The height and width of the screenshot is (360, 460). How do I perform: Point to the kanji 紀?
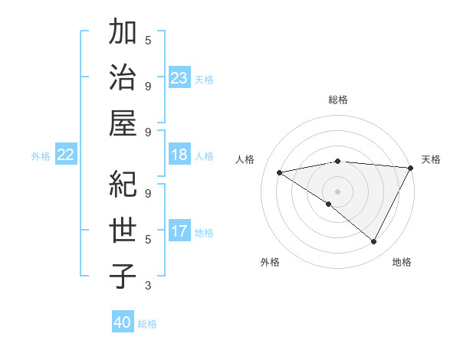[x=123, y=185]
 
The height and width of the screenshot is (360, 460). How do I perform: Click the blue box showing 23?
[x=179, y=77]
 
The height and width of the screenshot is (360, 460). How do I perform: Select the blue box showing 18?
[x=179, y=155]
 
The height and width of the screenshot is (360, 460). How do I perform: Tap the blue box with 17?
[x=179, y=231]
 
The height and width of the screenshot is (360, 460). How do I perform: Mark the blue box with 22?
[x=65, y=155]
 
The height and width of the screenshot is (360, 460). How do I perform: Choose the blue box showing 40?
[x=123, y=322]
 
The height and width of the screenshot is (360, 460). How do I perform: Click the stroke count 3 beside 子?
[x=148, y=286]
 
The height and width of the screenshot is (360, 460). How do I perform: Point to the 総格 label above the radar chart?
[x=338, y=100]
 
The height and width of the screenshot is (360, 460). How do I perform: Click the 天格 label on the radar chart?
[x=431, y=159]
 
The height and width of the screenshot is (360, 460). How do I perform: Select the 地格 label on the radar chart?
[x=402, y=262]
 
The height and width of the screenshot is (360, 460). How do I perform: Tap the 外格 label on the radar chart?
[x=270, y=262]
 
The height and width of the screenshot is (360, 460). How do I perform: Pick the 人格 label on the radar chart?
[x=245, y=159]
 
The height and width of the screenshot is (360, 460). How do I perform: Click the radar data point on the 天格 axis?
[x=412, y=168]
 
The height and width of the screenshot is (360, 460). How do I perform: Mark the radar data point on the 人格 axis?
[x=279, y=172]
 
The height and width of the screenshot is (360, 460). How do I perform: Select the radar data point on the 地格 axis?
[x=374, y=241]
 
